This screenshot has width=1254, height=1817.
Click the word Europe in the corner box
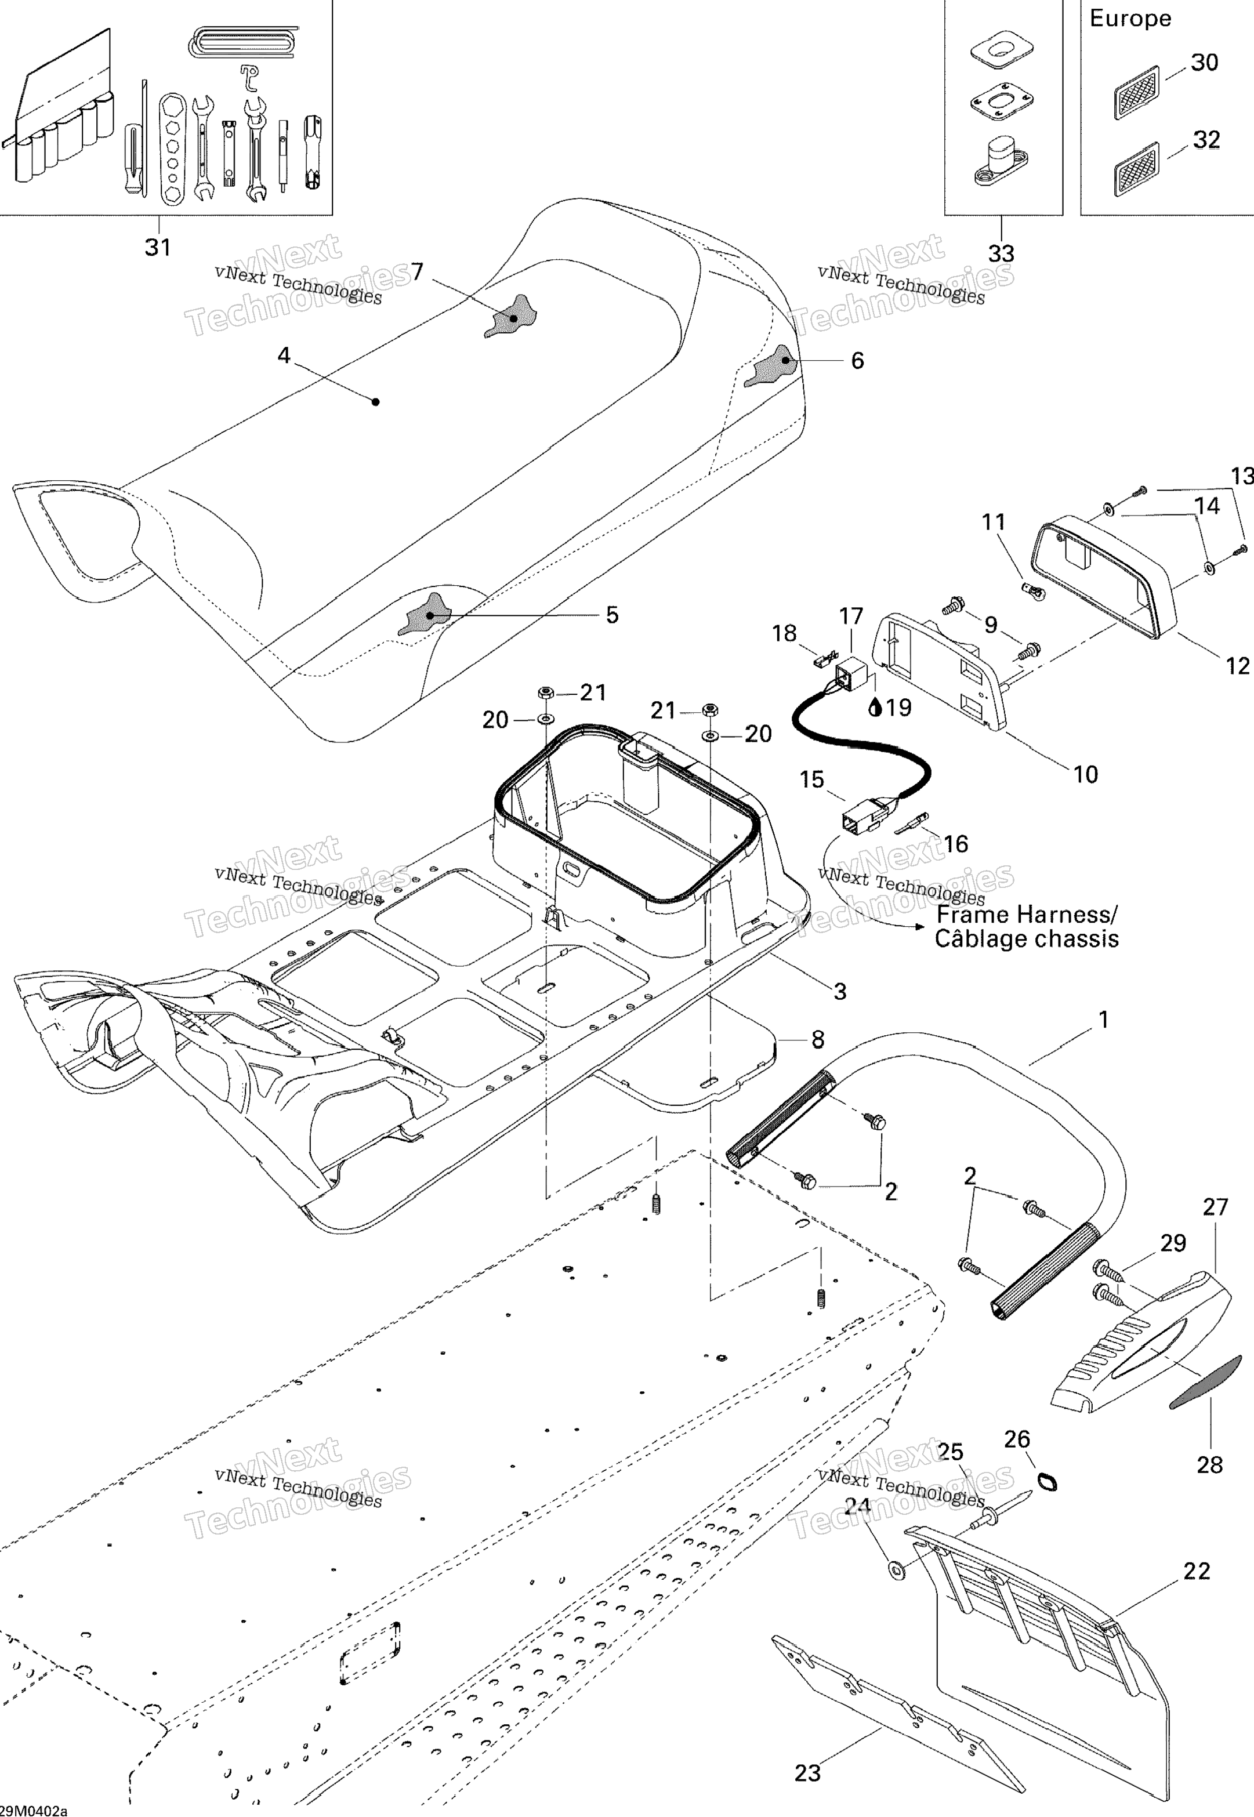[x=1130, y=19]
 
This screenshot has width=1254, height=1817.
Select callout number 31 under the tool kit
[x=158, y=248]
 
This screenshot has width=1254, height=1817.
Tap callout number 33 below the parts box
[x=1001, y=254]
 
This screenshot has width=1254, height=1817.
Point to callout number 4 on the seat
[x=284, y=356]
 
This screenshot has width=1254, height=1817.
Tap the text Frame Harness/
[x=1026, y=915]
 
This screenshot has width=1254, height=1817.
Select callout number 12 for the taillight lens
[x=1238, y=666]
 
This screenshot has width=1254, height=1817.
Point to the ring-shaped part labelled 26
[x=1048, y=1482]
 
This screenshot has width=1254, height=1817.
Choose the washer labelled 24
[x=895, y=1571]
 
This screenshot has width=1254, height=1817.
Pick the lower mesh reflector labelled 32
[x=1137, y=169]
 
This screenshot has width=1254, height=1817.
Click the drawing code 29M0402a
[x=34, y=1810]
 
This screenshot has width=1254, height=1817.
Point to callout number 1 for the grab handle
[x=1103, y=1020]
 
